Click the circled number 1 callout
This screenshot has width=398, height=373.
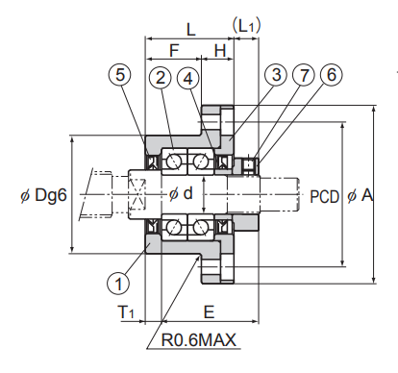click(118, 284)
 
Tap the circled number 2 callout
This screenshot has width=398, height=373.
click(161, 78)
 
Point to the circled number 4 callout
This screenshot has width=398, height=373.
click(188, 78)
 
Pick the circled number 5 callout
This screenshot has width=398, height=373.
click(120, 75)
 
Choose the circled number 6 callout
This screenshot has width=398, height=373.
click(332, 75)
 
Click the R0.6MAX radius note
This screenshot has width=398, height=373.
click(199, 340)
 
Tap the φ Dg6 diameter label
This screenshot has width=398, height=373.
click(43, 194)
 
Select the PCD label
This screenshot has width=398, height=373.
click(324, 196)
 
